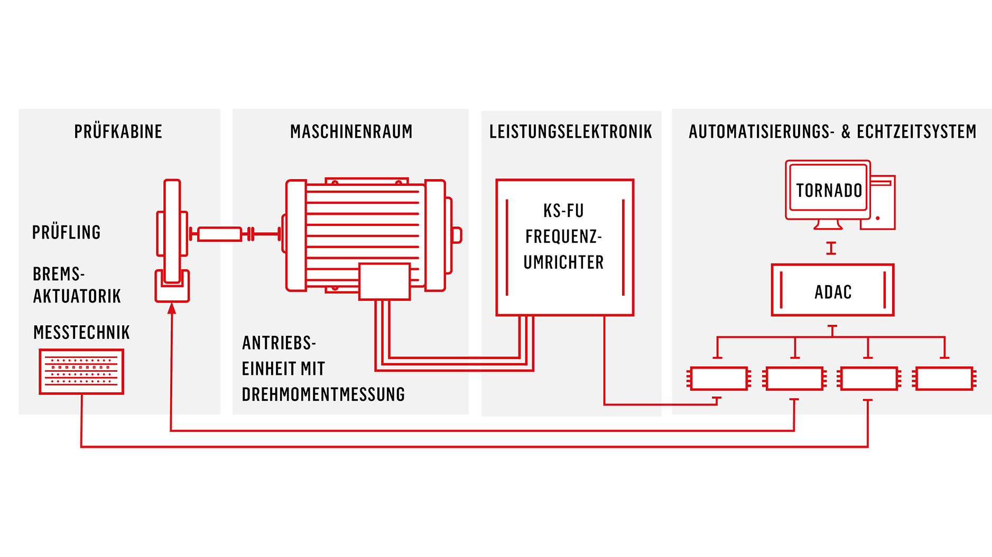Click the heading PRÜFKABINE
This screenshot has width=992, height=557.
pyautogui.click(x=118, y=131)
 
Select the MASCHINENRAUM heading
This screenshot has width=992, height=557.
pyautogui.click(x=351, y=131)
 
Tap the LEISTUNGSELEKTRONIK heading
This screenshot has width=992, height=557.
pyautogui.click(x=571, y=131)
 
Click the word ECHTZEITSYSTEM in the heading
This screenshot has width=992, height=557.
pyautogui.click(x=916, y=131)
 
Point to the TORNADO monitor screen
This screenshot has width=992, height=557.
pyautogui.click(x=828, y=190)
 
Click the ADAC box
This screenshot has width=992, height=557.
pyautogui.click(x=832, y=290)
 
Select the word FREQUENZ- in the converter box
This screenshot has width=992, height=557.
pyautogui.click(x=563, y=237)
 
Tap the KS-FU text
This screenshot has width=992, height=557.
pyautogui.click(x=563, y=211)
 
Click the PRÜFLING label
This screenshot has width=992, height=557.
pyautogui.click(x=66, y=232)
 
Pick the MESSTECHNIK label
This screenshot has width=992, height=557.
pyautogui.click(x=81, y=332)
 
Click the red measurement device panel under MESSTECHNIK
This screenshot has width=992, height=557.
pyautogui.click(x=81, y=372)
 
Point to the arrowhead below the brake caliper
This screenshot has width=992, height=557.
pyautogui.click(x=172, y=308)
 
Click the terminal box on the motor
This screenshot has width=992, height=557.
pyautogui.click(x=384, y=281)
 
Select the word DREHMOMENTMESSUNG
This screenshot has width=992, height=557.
pyautogui.click(x=323, y=394)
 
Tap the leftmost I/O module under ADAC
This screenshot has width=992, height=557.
pyautogui.click(x=719, y=379)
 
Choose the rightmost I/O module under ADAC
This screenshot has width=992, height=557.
pyautogui.click(x=944, y=379)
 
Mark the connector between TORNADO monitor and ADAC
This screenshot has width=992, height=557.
pyautogui.click(x=831, y=248)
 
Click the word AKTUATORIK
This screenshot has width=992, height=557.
pyautogui.click(x=77, y=296)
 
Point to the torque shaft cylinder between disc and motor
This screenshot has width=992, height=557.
pyautogui.click(x=219, y=234)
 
